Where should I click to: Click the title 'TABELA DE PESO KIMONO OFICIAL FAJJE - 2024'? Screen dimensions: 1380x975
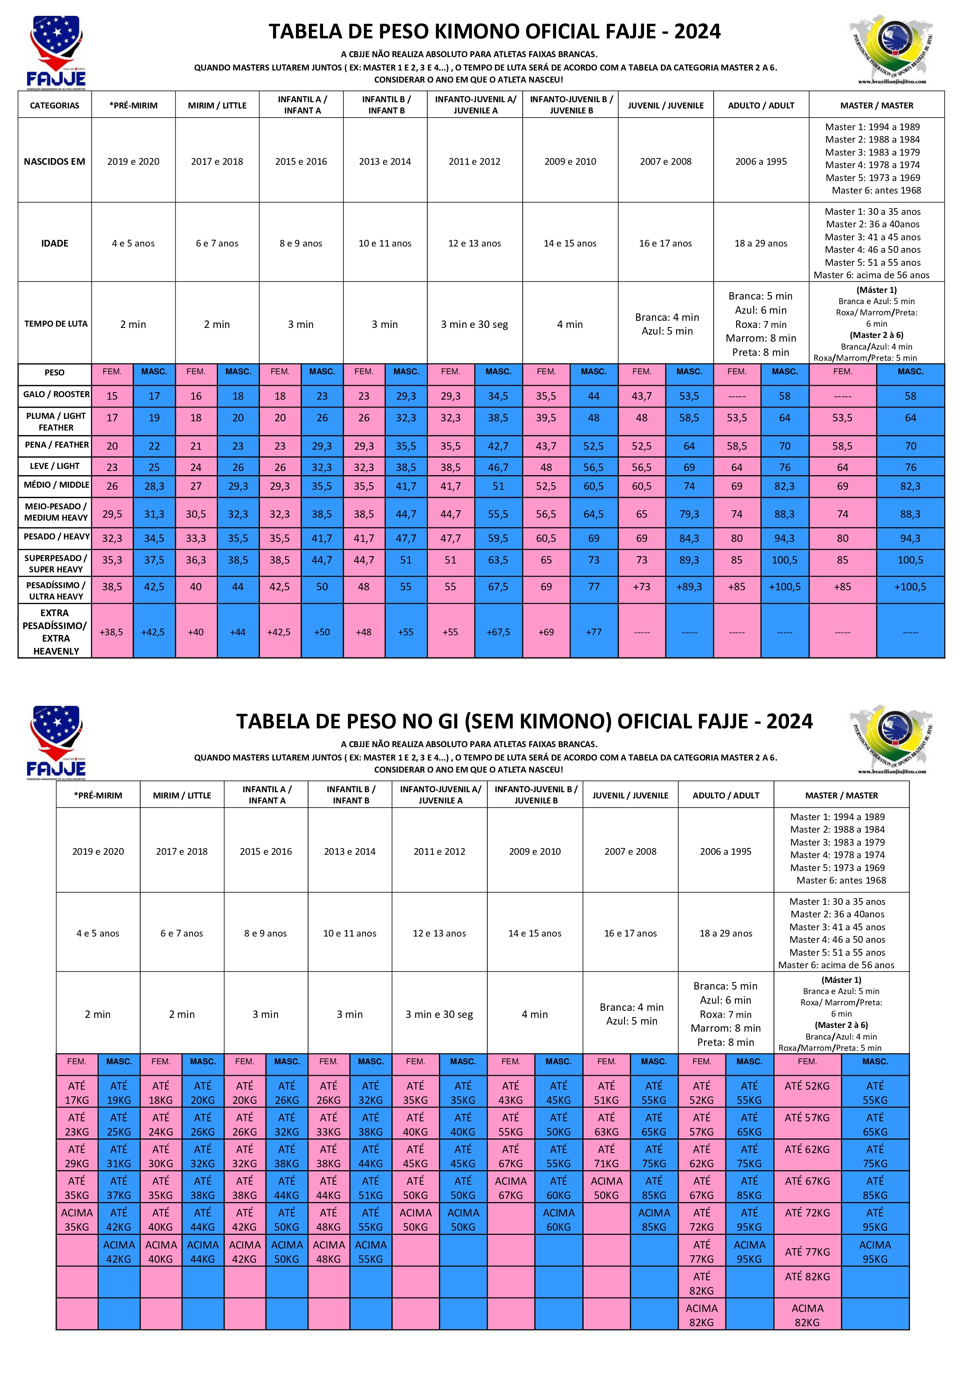click(x=494, y=31)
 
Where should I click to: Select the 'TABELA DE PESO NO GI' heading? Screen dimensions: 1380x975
click(x=524, y=721)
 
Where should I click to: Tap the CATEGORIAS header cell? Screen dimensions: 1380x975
click(x=55, y=105)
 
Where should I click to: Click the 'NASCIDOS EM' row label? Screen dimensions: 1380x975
click(x=55, y=161)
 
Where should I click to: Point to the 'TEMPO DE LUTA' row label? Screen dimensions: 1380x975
click(x=55, y=323)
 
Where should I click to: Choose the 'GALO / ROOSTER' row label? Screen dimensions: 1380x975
click(x=56, y=394)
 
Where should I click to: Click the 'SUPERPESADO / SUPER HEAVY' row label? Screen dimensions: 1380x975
click(x=55, y=563)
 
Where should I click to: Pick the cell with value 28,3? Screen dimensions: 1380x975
click(x=154, y=486)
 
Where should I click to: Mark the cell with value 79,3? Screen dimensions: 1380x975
click(x=689, y=514)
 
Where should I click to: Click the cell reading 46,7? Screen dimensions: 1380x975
click(x=498, y=467)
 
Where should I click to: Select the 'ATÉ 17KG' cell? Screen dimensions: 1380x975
click(x=77, y=1093)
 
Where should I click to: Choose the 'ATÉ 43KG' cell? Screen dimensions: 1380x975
click(x=511, y=1093)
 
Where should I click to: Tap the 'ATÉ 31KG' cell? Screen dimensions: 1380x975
click(x=119, y=1156)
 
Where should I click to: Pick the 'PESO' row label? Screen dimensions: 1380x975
click(x=55, y=373)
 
